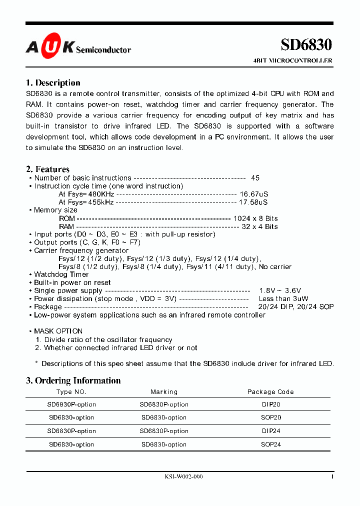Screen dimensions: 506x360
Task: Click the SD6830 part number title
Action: click(x=306, y=44)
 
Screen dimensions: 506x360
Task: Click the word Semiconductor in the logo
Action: click(x=104, y=49)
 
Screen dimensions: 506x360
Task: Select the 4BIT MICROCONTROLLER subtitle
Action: click(x=293, y=60)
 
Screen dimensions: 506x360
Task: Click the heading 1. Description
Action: click(x=53, y=83)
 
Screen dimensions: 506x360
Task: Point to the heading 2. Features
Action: click(x=47, y=169)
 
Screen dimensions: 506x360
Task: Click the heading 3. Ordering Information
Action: click(x=73, y=380)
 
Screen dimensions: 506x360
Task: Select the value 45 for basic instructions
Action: click(x=255, y=178)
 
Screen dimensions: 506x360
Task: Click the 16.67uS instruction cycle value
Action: click(x=253, y=194)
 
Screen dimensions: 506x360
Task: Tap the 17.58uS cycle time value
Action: click(x=253, y=202)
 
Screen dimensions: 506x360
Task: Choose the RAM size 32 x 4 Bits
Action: click(x=259, y=226)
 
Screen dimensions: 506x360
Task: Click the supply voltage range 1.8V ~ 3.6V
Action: click(x=280, y=290)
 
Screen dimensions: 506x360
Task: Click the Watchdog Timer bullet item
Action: click(x=61, y=274)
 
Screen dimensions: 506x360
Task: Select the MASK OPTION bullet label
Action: click(x=58, y=331)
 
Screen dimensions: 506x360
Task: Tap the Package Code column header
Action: click(x=270, y=392)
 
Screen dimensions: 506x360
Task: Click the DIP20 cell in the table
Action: click(x=270, y=404)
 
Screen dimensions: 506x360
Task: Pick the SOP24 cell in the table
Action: click(x=270, y=444)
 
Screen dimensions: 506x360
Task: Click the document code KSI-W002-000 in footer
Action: click(x=183, y=477)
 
